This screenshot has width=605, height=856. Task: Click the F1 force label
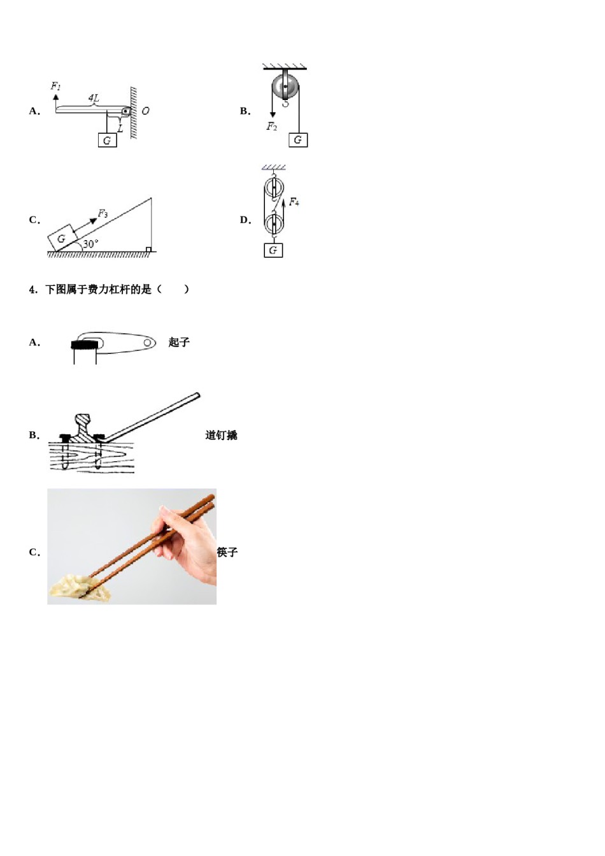56,86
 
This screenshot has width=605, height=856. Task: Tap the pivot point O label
145,111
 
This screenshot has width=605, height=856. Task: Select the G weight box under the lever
107,140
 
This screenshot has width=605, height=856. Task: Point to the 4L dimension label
94,97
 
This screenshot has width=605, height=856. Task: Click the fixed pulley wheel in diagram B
285,85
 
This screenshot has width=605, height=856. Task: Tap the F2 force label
272,127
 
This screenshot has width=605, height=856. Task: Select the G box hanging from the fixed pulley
297,140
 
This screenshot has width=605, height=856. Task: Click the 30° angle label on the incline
90,244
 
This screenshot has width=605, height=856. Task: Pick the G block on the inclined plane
62,238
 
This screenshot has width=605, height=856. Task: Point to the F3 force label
103,214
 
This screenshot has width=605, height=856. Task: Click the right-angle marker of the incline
148,250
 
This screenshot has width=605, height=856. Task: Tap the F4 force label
294,202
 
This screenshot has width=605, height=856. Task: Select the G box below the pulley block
273,250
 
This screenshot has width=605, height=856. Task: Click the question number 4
33,289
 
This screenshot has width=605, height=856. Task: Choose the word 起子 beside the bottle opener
179,343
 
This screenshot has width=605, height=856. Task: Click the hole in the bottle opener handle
148,343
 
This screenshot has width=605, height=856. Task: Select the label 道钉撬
221,436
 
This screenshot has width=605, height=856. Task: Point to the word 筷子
227,552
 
